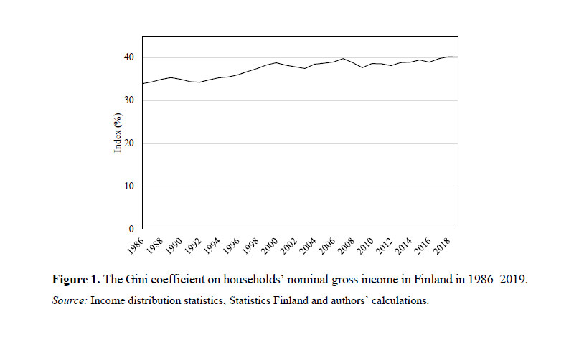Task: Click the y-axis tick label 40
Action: click(128, 57)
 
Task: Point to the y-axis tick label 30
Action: click(128, 100)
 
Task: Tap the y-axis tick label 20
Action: click(128, 143)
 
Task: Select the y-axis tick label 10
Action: click(128, 186)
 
